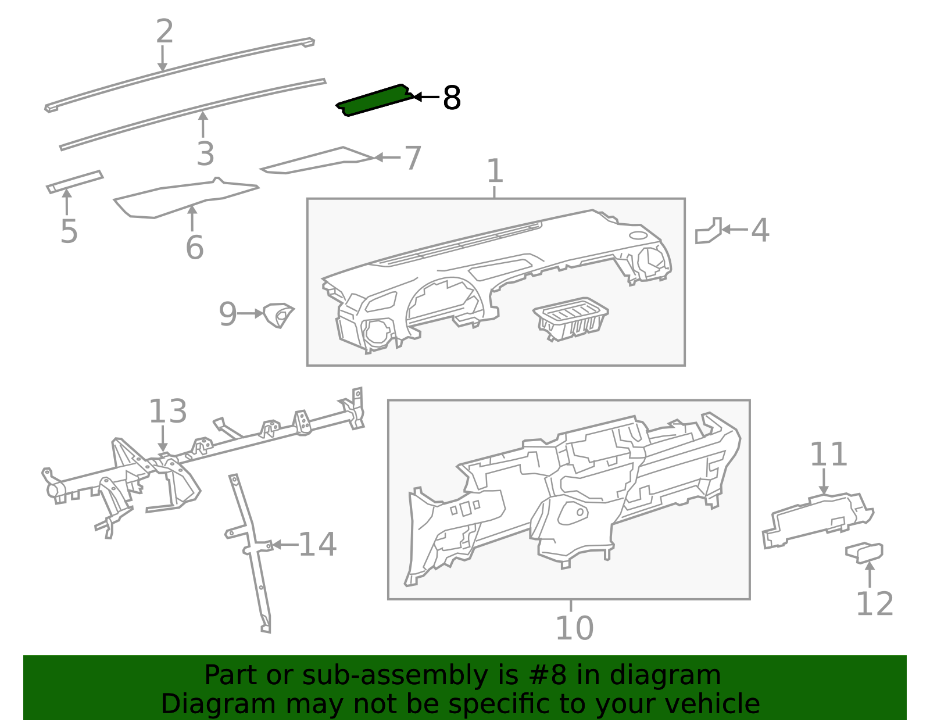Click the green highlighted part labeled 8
(375, 100)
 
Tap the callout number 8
(452, 98)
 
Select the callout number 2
(164, 31)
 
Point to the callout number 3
(205, 153)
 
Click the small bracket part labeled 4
(709, 231)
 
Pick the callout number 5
(69, 231)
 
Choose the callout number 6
(195, 247)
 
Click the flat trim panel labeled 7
(317, 160)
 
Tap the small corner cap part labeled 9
(278, 315)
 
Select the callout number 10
(574, 628)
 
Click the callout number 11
(828, 454)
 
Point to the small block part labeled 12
(864, 553)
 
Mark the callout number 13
(168, 411)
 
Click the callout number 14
(317, 545)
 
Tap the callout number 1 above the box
(495, 171)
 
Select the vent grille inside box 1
(571, 319)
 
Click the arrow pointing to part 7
(387, 158)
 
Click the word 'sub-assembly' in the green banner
(395, 675)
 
